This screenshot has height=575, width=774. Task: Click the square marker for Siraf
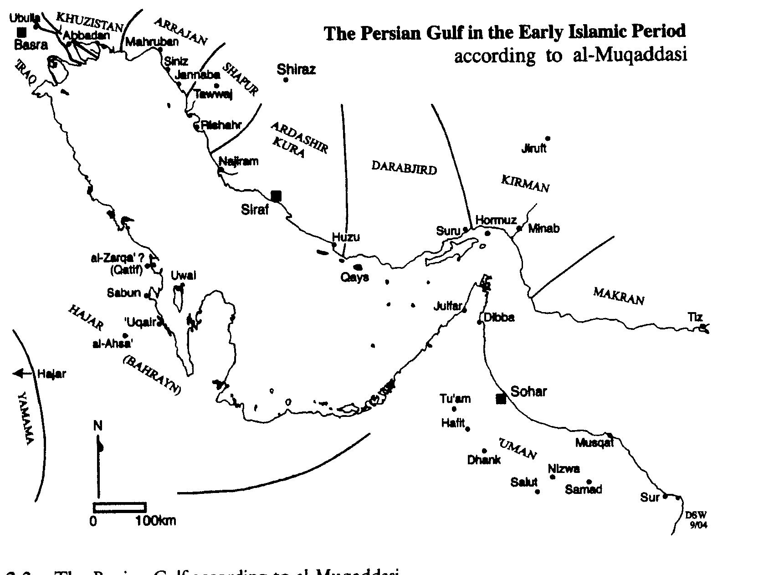[x=276, y=196]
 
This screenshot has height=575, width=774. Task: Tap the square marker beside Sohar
[x=501, y=399]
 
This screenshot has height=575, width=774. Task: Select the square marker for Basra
[x=21, y=32]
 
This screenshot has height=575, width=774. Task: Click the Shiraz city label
[x=296, y=70]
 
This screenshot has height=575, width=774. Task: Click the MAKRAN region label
[x=619, y=296]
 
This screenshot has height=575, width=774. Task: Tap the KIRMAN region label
[x=525, y=183]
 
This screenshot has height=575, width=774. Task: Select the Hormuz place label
[x=496, y=221]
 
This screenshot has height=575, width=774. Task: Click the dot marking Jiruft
[x=548, y=139]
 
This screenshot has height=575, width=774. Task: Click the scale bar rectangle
[x=119, y=507]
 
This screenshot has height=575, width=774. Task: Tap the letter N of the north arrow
[x=98, y=426]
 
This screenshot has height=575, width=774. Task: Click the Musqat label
[x=595, y=443]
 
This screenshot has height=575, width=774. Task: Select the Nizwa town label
[x=564, y=469]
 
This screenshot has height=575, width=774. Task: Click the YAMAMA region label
[x=25, y=418]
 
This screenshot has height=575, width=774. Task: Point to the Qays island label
[x=354, y=277]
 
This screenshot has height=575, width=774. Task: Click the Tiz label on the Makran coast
[x=695, y=317]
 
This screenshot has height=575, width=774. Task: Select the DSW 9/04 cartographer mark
[x=697, y=519]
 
